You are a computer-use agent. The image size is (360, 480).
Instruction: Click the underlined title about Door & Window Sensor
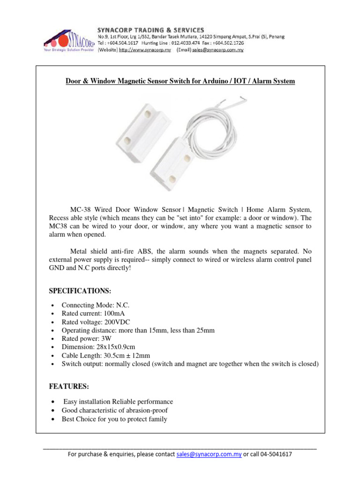click(x=180, y=81)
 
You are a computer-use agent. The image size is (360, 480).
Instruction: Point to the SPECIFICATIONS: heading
click(x=80, y=291)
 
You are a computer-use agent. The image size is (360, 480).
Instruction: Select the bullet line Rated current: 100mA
click(x=93, y=313)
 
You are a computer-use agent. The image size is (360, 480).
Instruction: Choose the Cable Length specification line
click(x=106, y=355)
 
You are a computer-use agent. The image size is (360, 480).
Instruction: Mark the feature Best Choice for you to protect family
click(x=114, y=419)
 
